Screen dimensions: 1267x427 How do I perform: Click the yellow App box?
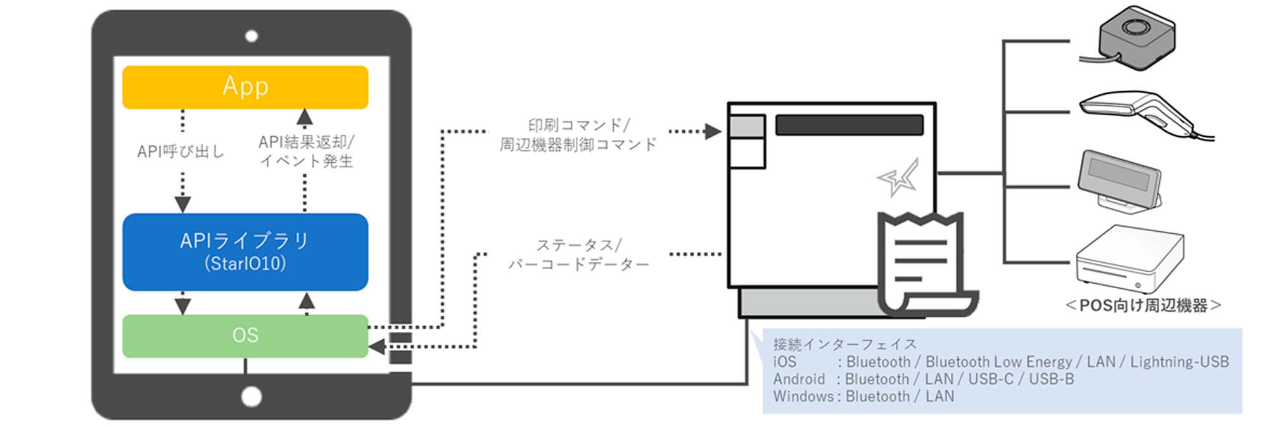pyautogui.click(x=245, y=87)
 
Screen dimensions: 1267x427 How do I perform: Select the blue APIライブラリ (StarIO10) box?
pyautogui.click(x=245, y=252)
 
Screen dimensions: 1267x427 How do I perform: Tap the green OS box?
pyautogui.click(x=245, y=336)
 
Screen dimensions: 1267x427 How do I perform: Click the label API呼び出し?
pyautogui.click(x=181, y=151)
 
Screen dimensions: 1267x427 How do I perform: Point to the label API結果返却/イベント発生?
pyautogui.click(x=307, y=151)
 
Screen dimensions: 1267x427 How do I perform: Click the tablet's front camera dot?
pyautogui.click(x=251, y=36)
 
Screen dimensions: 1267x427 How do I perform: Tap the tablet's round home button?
pyautogui.click(x=251, y=397)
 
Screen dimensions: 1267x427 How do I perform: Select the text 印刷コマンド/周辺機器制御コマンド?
pyautogui.click(x=578, y=135)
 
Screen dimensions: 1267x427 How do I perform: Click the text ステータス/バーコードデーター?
pyautogui.click(x=578, y=255)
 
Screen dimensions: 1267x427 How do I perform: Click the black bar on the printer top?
pyautogui.click(x=849, y=125)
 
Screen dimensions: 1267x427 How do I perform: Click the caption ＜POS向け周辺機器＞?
pyautogui.click(x=1143, y=306)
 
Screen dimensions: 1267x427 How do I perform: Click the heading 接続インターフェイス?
pyautogui.click(x=845, y=344)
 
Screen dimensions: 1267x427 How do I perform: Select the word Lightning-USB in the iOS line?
pyautogui.click(x=1180, y=362)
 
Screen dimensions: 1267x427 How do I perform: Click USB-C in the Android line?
pyautogui.click(x=991, y=379)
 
